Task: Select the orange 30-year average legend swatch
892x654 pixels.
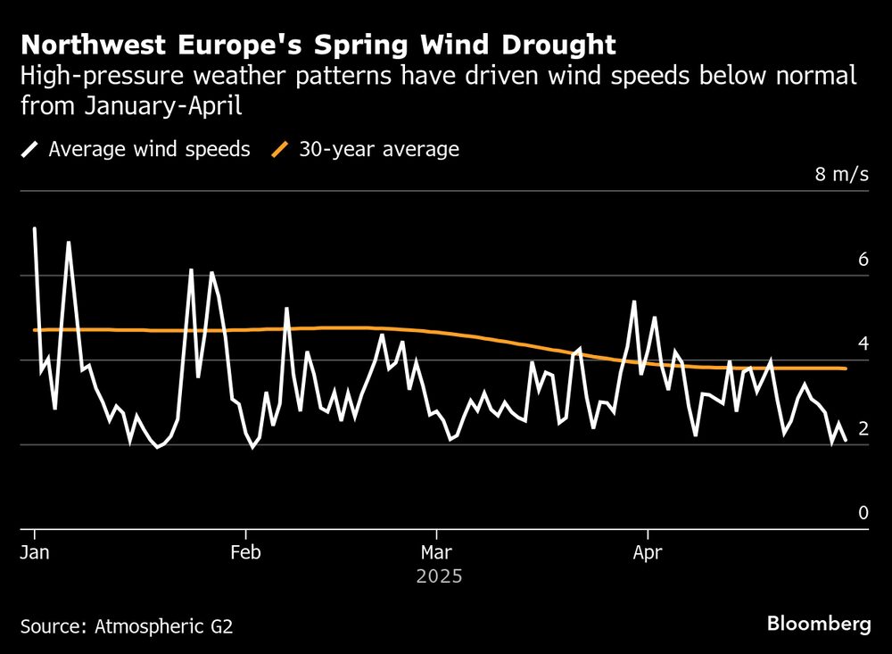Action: (x=281, y=149)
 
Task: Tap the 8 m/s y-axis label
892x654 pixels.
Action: (x=841, y=174)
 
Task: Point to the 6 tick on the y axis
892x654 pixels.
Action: (x=863, y=260)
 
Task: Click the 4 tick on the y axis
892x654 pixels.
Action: (x=863, y=344)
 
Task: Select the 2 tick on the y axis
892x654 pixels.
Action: (x=863, y=428)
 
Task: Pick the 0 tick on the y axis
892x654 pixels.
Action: (x=863, y=512)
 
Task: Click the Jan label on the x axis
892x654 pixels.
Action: (x=35, y=552)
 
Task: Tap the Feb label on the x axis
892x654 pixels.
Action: (x=245, y=552)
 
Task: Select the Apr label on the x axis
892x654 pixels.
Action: (x=647, y=552)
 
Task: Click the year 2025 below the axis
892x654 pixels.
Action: (x=439, y=576)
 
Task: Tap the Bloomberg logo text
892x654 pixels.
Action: (x=819, y=624)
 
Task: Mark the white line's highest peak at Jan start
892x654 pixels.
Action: (x=35, y=228)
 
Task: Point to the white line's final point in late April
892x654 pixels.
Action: (x=846, y=440)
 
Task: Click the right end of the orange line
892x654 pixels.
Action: (x=845, y=368)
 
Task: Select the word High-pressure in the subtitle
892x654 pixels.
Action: (x=78, y=76)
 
